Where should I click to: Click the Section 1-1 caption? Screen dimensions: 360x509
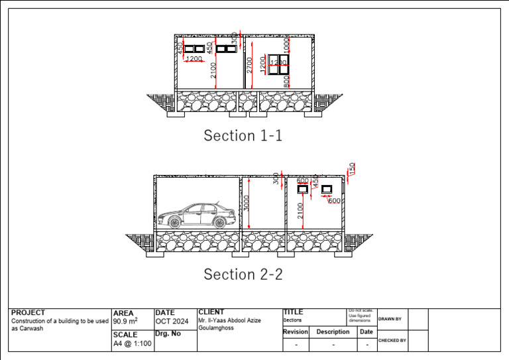pyautogui.click(x=243, y=136)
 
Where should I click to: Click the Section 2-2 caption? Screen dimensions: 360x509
pyautogui.click(x=243, y=274)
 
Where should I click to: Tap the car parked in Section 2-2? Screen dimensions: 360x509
pyautogui.click(x=197, y=215)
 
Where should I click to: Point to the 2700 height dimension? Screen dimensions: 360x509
pyautogui.click(x=249, y=65)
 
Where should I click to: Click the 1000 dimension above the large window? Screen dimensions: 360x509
pyautogui.click(x=286, y=46)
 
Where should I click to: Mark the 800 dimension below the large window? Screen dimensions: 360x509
pyautogui.click(x=286, y=81)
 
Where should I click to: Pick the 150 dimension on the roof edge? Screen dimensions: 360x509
pyautogui.click(x=353, y=168)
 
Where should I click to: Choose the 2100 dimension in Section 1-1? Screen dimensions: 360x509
pyautogui.click(x=213, y=70)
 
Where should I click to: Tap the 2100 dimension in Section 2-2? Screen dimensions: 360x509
pyautogui.click(x=301, y=210)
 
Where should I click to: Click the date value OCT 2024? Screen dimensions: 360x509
pyautogui.click(x=172, y=322)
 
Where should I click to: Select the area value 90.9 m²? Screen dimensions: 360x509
pyautogui.click(x=125, y=322)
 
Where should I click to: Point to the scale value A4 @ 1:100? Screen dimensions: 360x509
pyautogui.click(x=132, y=343)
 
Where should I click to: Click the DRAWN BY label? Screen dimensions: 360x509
pyautogui.click(x=389, y=319)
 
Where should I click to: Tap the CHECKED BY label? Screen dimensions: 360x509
pyautogui.click(x=392, y=340)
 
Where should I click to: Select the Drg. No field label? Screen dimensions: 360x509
pyautogui.click(x=168, y=333)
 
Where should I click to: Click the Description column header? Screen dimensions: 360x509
pyautogui.click(x=333, y=331)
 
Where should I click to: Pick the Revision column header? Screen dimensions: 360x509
pyautogui.click(x=296, y=331)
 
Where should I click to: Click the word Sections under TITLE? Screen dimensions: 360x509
pyautogui.click(x=292, y=320)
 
